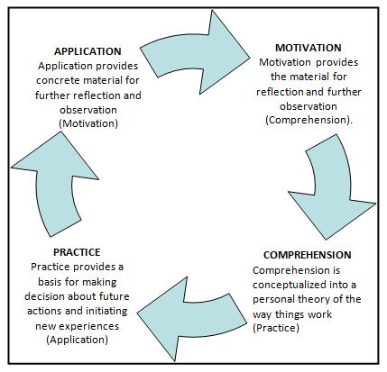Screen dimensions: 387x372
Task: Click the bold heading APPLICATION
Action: pyautogui.click(x=88, y=51)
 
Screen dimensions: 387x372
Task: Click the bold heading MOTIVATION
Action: pyautogui.click(x=309, y=48)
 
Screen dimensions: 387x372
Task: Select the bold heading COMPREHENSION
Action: pyautogui.click(x=308, y=255)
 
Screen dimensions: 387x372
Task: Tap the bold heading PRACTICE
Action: pyautogui.click(x=77, y=252)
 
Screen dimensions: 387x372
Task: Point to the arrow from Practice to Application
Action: pyautogui.click(x=54, y=183)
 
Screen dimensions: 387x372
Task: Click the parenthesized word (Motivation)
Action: pyautogui.click(x=88, y=123)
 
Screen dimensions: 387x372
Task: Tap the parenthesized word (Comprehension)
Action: pyautogui.click(x=309, y=120)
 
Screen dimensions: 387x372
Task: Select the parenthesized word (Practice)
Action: pyautogui.click(x=276, y=328)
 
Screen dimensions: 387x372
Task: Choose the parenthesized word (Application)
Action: pyautogui.click(x=78, y=340)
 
